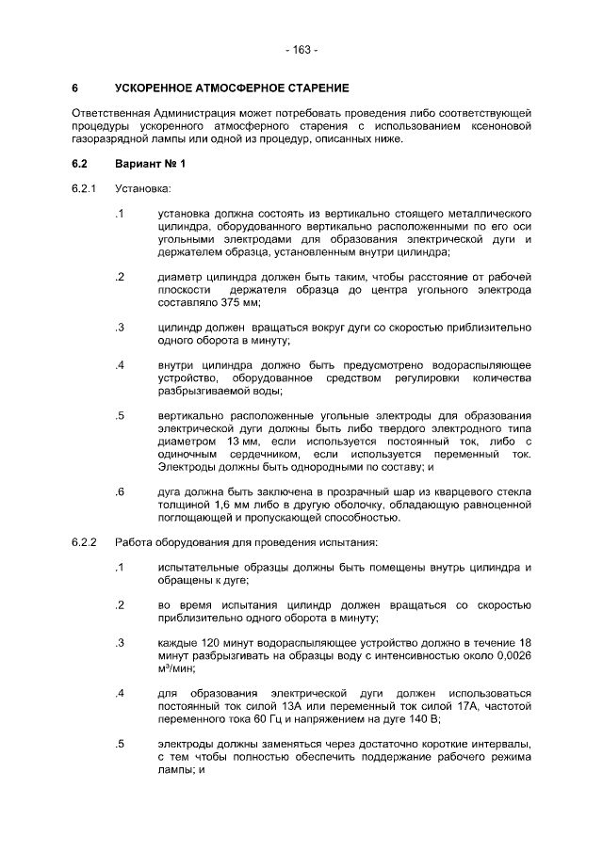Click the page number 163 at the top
point(301,49)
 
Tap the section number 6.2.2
point(84,542)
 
